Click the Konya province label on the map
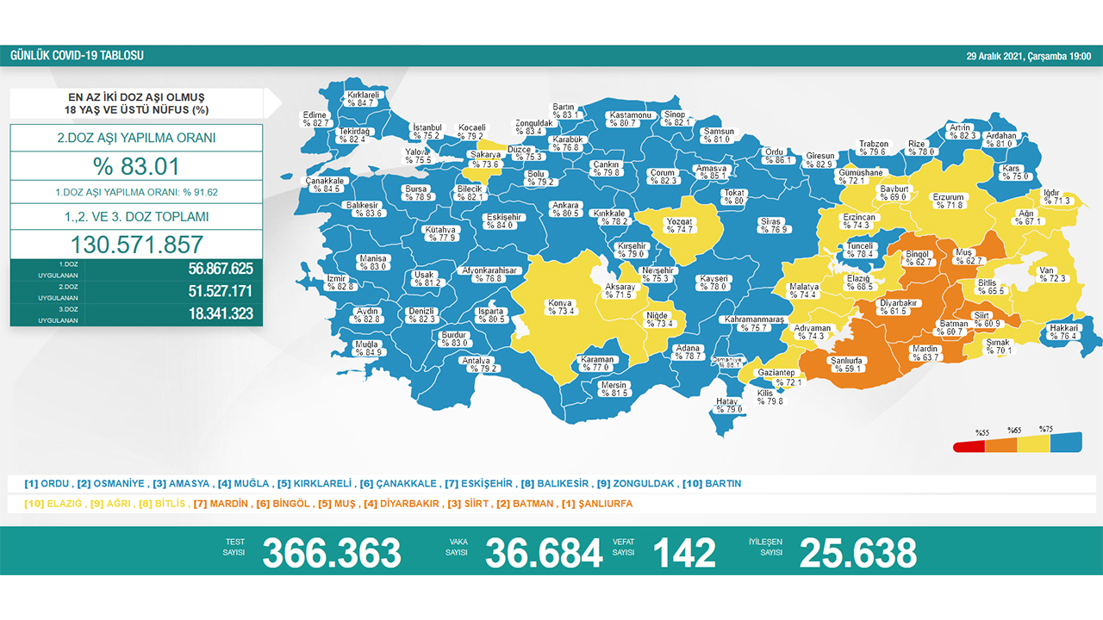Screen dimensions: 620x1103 pyautogui.click(x=559, y=307)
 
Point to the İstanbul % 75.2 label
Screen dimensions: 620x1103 pyautogui.click(x=427, y=132)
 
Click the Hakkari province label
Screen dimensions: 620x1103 pyautogui.click(x=1063, y=332)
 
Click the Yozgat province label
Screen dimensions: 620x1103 pyautogui.click(x=680, y=226)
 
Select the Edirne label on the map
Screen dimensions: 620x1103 pyautogui.click(x=316, y=119)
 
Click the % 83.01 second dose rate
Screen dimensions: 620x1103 pyautogui.click(x=136, y=166)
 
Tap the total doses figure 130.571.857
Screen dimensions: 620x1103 pyautogui.click(x=136, y=244)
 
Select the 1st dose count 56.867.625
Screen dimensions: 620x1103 pyautogui.click(x=221, y=269)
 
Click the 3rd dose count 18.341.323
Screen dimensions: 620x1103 pyautogui.click(x=221, y=314)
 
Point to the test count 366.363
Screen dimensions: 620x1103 pyautogui.click(x=332, y=553)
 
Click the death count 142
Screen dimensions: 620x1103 pyautogui.click(x=684, y=553)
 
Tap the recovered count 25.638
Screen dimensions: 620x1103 pyautogui.click(x=857, y=553)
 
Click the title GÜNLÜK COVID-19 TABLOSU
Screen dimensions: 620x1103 pyautogui.click(x=77, y=56)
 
